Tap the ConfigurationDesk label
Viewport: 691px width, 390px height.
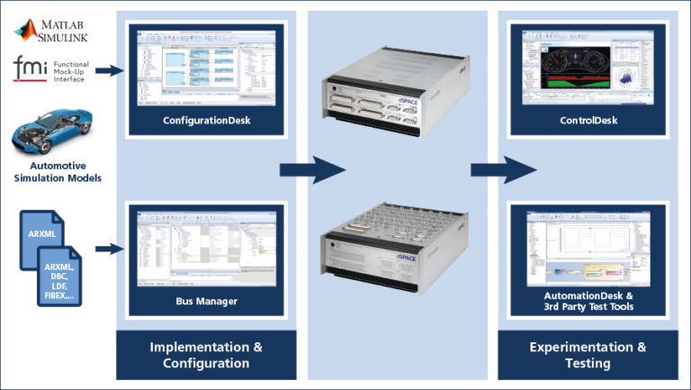207,121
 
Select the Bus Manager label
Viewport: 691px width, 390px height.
207,301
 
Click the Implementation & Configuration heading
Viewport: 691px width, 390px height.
206,355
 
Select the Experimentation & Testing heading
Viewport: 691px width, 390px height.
588,355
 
